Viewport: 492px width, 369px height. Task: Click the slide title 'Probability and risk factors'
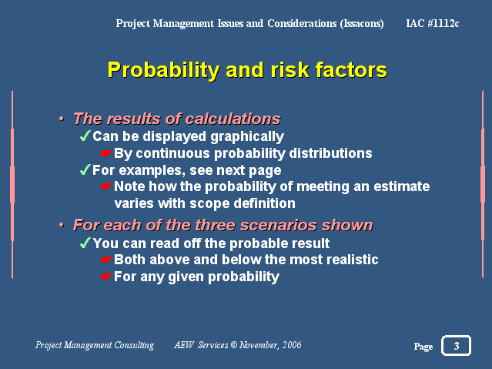point(247,70)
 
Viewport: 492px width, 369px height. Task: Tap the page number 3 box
point(456,345)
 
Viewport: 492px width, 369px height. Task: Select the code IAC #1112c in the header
point(433,23)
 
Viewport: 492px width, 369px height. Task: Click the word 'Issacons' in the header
point(362,24)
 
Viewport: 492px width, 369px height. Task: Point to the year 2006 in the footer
point(292,345)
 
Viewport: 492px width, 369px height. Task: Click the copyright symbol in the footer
point(234,345)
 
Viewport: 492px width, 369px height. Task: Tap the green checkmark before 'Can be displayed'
point(85,136)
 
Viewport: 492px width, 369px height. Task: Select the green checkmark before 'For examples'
point(85,169)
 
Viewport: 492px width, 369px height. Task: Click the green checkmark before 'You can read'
point(85,243)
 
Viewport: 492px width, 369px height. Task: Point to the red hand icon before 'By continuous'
point(105,153)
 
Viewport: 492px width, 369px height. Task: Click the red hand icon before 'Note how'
point(105,186)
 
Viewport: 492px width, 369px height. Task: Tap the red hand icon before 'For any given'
point(105,277)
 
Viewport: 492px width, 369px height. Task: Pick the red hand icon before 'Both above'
point(105,260)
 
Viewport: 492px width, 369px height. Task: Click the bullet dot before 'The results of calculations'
point(62,119)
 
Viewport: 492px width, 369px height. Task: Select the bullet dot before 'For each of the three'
point(62,225)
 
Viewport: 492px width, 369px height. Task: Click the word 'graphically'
point(247,136)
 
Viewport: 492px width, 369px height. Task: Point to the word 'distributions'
point(330,153)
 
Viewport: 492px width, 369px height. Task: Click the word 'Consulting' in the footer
point(134,345)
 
